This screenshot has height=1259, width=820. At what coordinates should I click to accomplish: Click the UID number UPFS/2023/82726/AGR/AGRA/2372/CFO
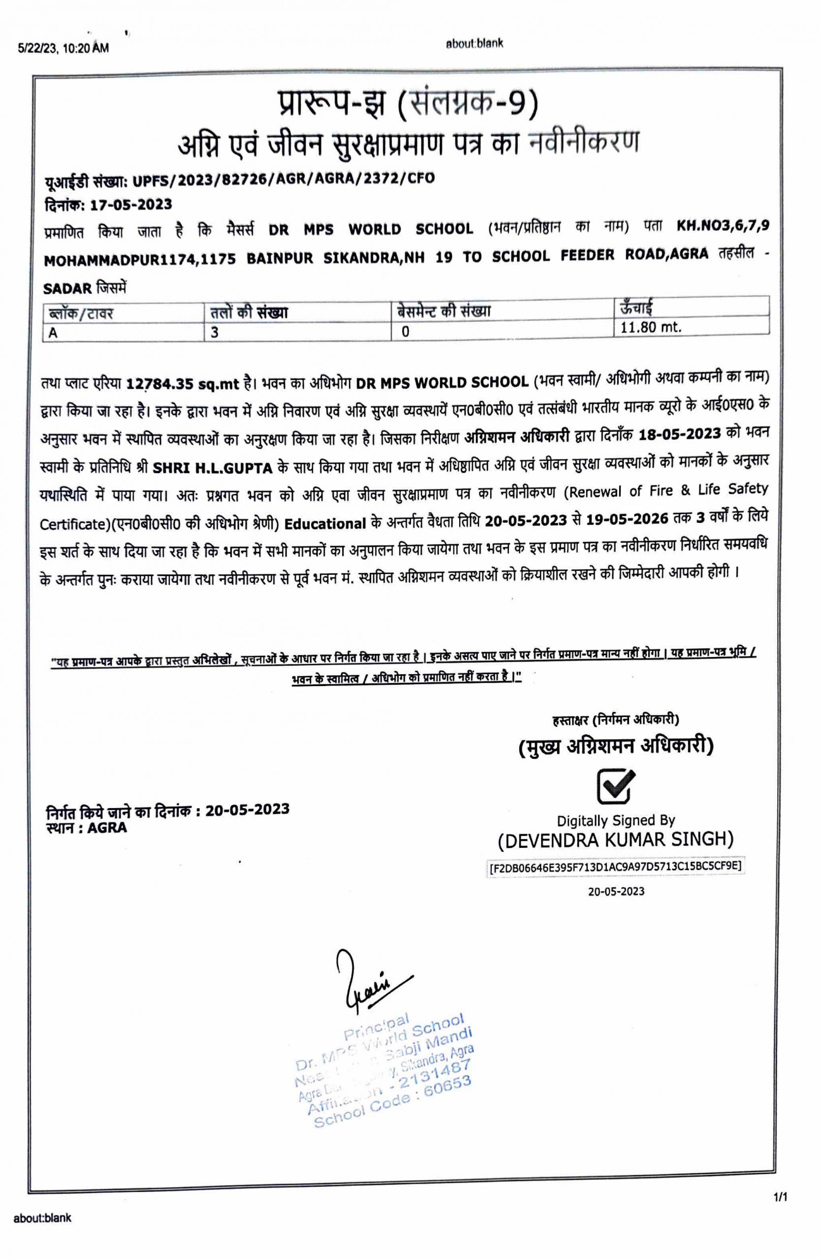(283, 180)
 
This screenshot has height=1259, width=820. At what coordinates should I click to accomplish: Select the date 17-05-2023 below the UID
(131, 205)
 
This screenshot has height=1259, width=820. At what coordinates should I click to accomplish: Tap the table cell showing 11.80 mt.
(651, 327)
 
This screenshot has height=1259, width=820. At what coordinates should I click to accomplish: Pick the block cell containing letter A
(53, 334)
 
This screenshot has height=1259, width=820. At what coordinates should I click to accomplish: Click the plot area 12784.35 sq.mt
(183, 384)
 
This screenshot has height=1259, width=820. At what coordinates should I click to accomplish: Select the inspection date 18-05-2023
(680, 434)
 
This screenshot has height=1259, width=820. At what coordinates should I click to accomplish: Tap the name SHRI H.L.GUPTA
(212, 468)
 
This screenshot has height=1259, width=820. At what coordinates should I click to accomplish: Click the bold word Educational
(325, 524)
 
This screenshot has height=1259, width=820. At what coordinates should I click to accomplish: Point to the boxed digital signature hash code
(616, 867)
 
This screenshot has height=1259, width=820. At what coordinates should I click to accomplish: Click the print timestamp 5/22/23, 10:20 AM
(63, 49)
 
